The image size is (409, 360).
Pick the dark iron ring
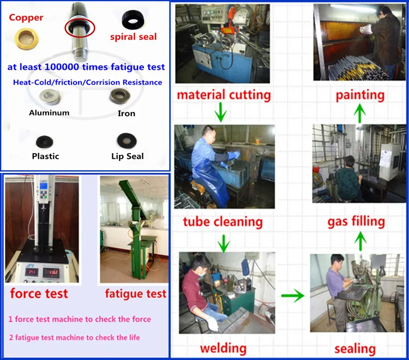(x=120, y=96)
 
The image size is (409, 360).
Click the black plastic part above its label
(x=45, y=142)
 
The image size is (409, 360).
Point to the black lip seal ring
(x=127, y=140)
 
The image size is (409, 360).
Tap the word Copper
(x=26, y=17)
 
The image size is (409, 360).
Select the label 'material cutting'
(x=224, y=95)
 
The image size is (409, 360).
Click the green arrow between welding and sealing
(x=293, y=296)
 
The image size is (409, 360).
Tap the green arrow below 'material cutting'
(x=221, y=112)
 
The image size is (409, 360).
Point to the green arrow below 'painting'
(x=360, y=113)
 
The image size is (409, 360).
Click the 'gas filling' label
(x=356, y=222)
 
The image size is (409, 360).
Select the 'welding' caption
(x=223, y=348)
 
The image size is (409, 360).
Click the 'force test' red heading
(x=39, y=293)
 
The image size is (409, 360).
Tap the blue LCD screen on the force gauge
(x=44, y=186)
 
